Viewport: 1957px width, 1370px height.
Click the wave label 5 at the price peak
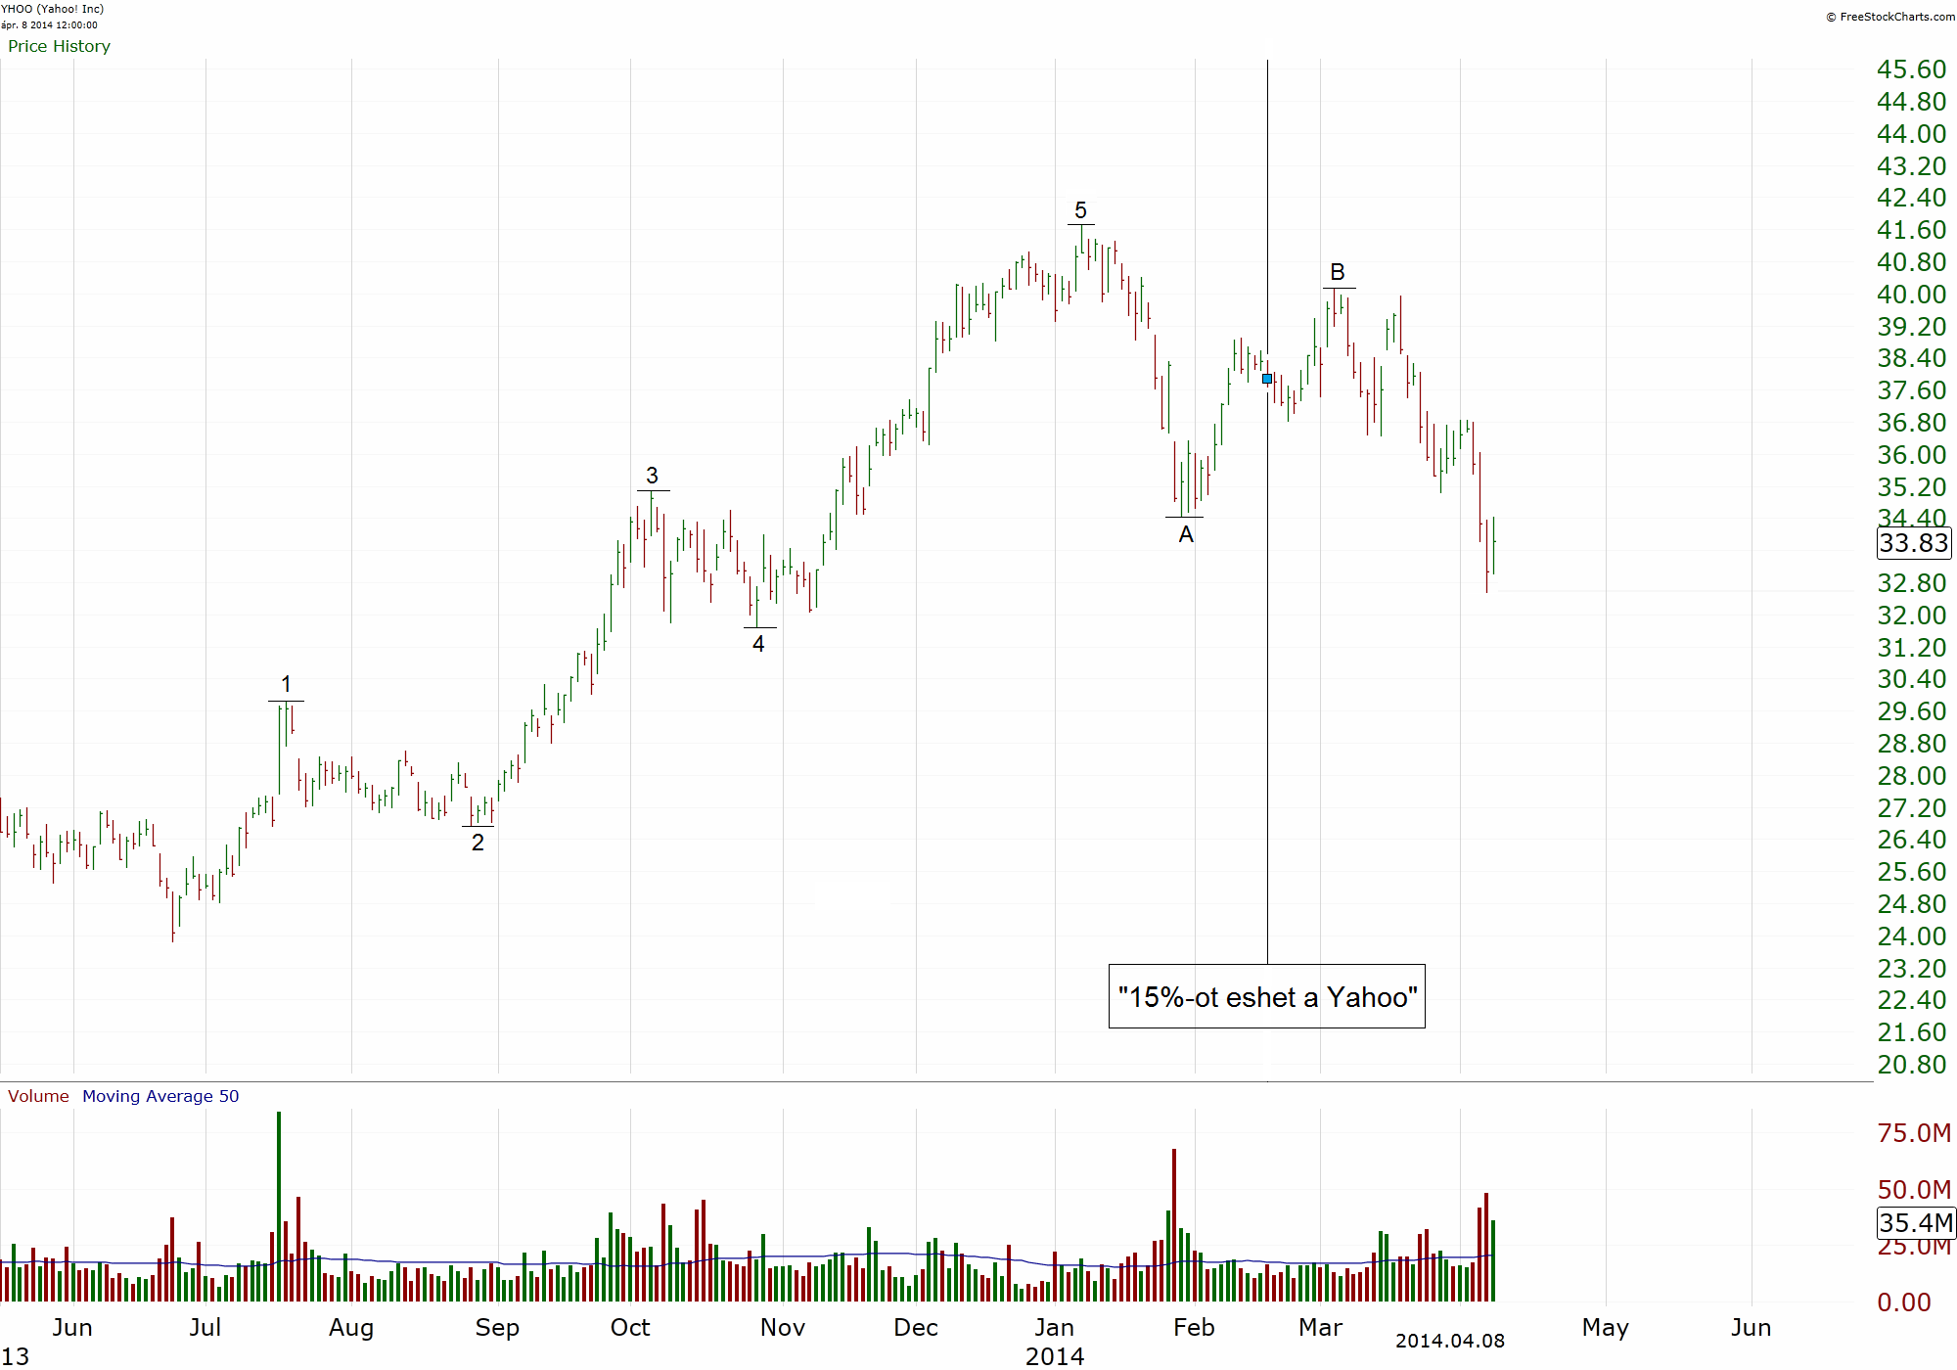1080,210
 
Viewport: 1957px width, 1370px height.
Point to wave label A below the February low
1186,534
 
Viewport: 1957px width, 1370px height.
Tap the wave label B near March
1338,272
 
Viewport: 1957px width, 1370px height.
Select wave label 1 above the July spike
286,684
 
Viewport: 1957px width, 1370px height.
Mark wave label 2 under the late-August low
478,843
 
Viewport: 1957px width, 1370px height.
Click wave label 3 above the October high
653,476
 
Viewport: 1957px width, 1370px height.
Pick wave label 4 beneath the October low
758,644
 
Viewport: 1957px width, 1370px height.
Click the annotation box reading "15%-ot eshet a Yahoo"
1267,996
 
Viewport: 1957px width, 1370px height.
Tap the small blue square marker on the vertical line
1267,379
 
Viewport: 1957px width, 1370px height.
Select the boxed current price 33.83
1914,543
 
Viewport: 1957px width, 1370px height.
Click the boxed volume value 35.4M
1916,1222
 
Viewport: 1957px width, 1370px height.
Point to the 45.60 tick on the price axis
1911,69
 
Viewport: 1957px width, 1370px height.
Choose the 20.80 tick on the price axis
1911,1065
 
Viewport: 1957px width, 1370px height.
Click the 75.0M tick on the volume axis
1914,1133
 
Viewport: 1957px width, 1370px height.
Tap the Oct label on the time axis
630,1328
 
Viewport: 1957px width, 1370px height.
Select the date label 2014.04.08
1450,1341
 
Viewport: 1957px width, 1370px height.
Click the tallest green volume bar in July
279,1207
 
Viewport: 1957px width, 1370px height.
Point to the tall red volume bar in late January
1174,1225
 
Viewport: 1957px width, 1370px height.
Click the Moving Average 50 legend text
160,1096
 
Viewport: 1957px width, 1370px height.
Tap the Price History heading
59,46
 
